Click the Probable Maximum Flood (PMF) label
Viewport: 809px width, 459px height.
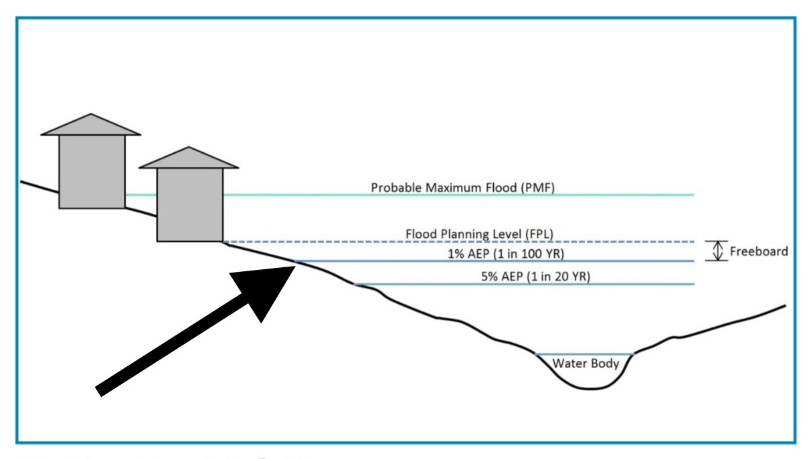coord(462,188)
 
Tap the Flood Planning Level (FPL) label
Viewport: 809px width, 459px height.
coord(479,234)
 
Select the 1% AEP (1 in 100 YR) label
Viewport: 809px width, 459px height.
coord(506,254)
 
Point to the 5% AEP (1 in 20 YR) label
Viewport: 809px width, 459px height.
coord(535,277)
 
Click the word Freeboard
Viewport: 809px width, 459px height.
coord(759,251)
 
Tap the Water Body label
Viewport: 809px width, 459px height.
coord(586,363)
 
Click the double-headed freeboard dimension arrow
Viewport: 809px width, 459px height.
coord(717,251)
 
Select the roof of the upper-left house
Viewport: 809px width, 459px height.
coord(90,125)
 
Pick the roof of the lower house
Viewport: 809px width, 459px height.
coord(189,158)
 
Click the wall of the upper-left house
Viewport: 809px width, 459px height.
coord(92,172)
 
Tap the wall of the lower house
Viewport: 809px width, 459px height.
coord(190,205)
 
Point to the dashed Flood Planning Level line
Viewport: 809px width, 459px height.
coord(458,242)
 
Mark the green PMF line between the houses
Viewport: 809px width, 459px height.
coord(141,195)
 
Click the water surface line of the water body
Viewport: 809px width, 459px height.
coord(584,354)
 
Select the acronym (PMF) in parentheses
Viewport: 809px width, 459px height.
coord(537,188)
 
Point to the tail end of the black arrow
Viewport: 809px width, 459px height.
coord(98,392)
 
